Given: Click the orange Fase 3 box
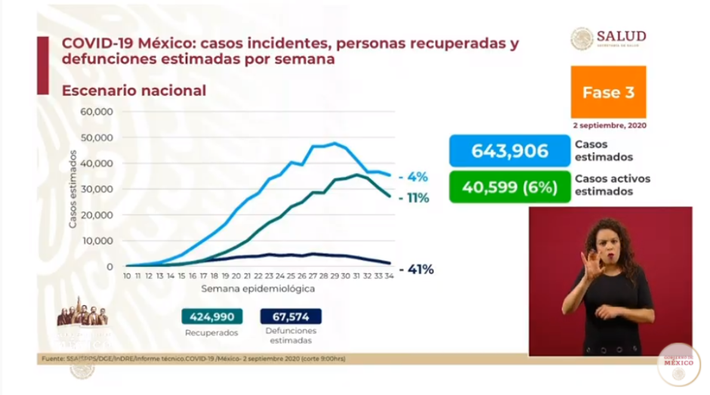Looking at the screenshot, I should pos(608,91).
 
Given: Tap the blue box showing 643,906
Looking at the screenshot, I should pos(509,151).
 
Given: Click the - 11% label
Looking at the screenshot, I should pos(415,198).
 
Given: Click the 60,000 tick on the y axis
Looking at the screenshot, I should pos(97,112).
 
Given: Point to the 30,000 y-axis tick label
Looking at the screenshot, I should pos(97,190).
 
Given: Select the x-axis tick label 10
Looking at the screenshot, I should pos(128,277).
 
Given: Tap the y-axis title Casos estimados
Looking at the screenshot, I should pos(73,190).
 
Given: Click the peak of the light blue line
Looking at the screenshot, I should pos(335,143).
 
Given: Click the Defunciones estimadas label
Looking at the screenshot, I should pos(291,335).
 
